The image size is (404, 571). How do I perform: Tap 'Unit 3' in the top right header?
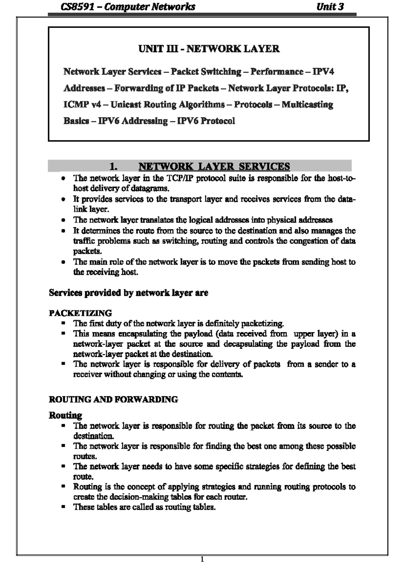[330, 7]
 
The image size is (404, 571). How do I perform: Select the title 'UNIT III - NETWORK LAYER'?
[209, 49]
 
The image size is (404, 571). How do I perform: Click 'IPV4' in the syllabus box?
[323, 72]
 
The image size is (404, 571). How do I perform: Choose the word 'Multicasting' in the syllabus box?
[307, 105]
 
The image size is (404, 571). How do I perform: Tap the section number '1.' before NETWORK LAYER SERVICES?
[113, 166]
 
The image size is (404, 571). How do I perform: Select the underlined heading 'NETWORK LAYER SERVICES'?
[214, 166]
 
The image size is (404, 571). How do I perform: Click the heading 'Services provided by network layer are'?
[128, 293]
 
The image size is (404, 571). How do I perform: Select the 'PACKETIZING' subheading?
[80, 313]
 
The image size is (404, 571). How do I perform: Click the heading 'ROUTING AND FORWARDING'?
[113, 400]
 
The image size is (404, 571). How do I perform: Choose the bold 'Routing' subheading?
[65, 415]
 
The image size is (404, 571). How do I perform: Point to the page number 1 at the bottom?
[202, 560]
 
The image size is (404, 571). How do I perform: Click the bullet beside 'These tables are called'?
[63, 507]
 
